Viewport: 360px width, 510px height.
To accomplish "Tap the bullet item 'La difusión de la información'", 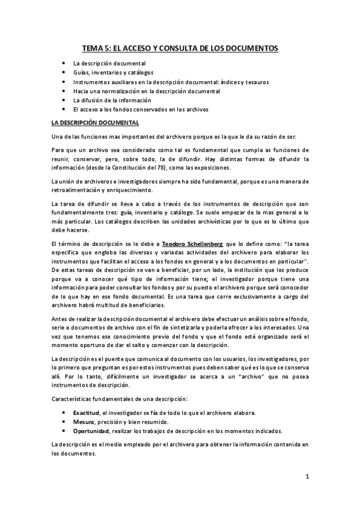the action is point(112,100).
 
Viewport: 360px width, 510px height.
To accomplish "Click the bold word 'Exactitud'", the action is point(86,413).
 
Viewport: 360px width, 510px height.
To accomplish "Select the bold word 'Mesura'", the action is point(84,422).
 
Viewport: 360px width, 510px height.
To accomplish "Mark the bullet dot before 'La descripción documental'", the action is point(64,63).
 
